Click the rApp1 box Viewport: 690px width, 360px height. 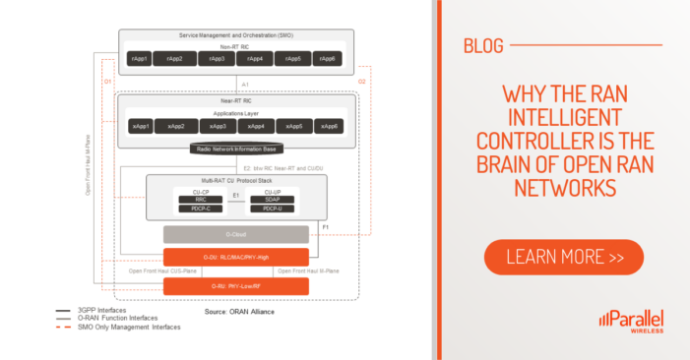click(139, 60)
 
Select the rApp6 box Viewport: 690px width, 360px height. click(328, 60)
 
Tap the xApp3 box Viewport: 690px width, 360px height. click(218, 127)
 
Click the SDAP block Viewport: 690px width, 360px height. click(272, 200)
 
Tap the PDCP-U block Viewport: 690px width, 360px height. click(272, 209)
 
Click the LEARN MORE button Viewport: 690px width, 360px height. click(563, 258)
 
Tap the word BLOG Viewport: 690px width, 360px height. click(482, 44)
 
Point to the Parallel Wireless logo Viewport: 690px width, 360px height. click(630, 322)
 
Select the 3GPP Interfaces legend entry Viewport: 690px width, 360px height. click(92, 310)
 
